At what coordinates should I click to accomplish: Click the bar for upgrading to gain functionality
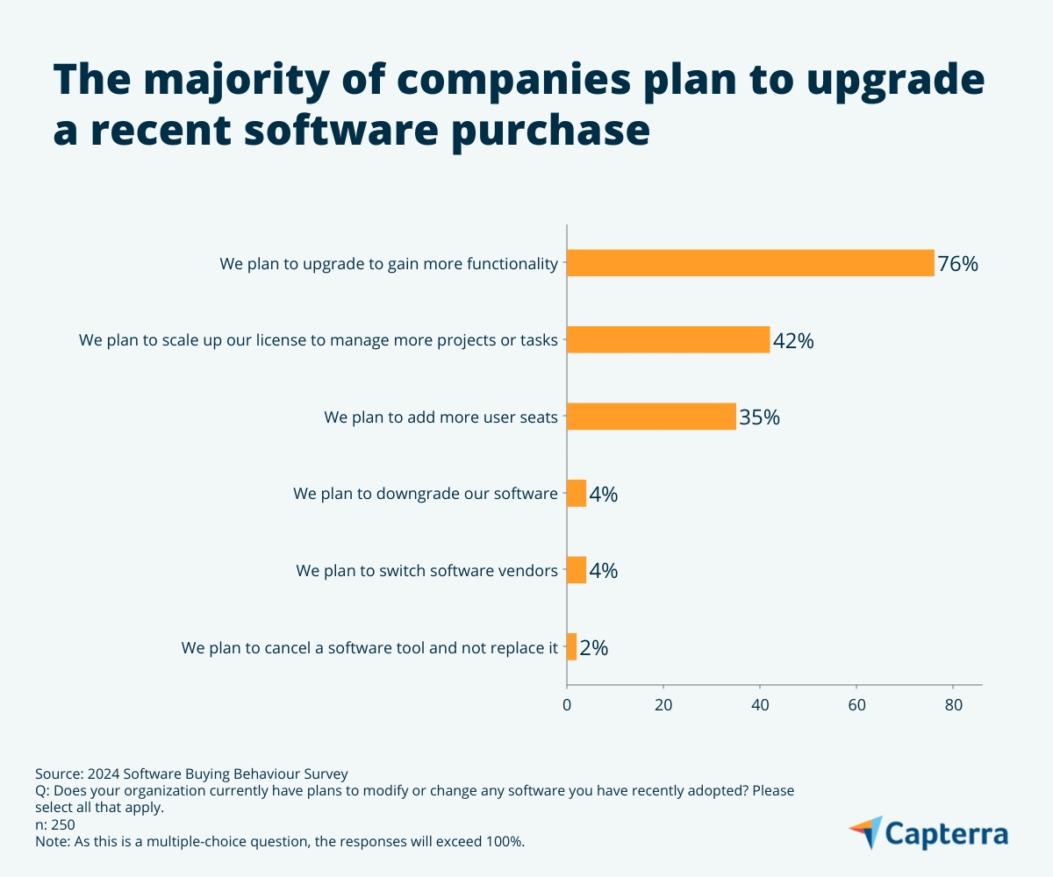(x=750, y=263)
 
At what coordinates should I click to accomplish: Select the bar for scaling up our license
(x=668, y=339)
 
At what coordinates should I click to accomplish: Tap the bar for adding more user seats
(x=651, y=417)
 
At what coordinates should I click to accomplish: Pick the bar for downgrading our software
(x=577, y=494)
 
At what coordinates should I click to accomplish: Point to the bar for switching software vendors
(x=577, y=570)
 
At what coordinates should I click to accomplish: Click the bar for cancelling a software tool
(x=572, y=647)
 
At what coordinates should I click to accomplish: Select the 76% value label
(x=957, y=264)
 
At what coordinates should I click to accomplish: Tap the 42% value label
(x=793, y=341)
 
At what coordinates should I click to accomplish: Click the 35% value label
(x=759, y=417)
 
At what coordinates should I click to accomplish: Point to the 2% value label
(x=594, y=648)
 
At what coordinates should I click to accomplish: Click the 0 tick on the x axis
(x=567, y=704)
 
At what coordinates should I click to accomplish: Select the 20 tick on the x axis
(x=663, y=704)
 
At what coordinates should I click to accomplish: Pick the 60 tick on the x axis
(x=856, y=704)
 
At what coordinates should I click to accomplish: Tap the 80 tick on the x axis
(x=953, y=704)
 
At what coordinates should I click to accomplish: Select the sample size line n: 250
(x=55, y=824)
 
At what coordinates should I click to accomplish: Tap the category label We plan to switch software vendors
(x=426, y=571)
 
